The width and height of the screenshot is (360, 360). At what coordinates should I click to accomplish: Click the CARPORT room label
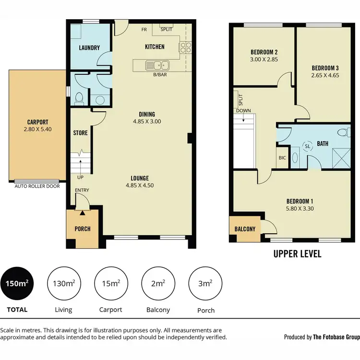click(x=37, y=122)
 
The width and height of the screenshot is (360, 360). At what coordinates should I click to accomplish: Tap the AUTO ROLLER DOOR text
click(x=37, y=186)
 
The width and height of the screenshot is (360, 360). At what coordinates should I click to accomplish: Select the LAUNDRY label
click(x=90, y=48)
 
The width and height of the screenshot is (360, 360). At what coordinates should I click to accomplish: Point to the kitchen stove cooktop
click(x=185, y=47)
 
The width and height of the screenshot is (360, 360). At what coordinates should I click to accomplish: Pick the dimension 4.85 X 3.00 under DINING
click(x=147, y=121)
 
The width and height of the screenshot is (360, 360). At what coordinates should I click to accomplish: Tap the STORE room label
click(x=80, y=132)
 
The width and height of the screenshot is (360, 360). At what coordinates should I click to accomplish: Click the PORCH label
click(x=83, y=228)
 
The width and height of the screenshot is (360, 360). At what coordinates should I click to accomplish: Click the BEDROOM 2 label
click(x=264, y=52)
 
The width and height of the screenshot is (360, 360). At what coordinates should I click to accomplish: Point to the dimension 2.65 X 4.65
click(x=325, y=75)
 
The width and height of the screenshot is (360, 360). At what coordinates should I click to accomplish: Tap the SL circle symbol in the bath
click(x=307, y=146)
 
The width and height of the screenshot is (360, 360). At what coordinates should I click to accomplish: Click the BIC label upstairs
click(x=282, y=157)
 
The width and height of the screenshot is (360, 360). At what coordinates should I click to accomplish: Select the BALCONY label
click(x=245, y=229)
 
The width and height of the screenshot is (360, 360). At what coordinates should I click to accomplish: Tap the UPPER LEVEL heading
click(x=297, y=253)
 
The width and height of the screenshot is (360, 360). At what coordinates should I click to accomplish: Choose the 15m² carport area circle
click(x=111, y=283)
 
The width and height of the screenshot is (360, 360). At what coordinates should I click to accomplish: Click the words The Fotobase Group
click(x=336, y=337)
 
